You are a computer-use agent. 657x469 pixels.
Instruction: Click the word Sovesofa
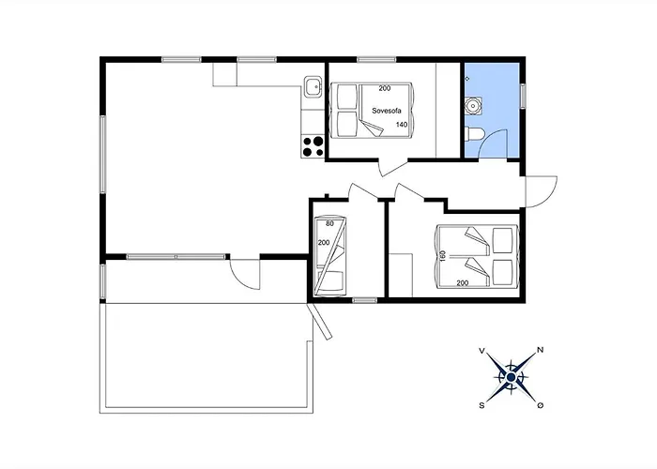coord(388,110)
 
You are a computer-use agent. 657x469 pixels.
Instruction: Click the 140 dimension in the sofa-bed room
coord(402,125)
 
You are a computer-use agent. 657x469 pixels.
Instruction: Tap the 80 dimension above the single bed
coord(329,223)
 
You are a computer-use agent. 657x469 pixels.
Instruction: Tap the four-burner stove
coord(313,145)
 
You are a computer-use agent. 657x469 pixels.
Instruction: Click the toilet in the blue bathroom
coord(476,137)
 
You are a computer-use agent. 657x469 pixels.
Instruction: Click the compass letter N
coord(540,351)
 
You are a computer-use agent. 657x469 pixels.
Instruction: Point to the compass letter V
coord(482,351)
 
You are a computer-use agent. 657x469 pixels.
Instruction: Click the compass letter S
coord(482,405)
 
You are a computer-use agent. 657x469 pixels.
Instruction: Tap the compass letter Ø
coord(541,405)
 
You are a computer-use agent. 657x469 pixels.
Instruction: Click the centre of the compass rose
coord(512,377)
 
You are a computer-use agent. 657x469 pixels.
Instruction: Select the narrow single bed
coord(330,255)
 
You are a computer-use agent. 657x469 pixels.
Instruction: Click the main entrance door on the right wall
coord(541,193)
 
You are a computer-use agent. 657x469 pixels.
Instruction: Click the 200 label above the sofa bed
coord(385,88)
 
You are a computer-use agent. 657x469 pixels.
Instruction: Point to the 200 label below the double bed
coord(462,282)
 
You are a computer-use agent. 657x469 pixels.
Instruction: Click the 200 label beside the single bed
coord(324,243)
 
